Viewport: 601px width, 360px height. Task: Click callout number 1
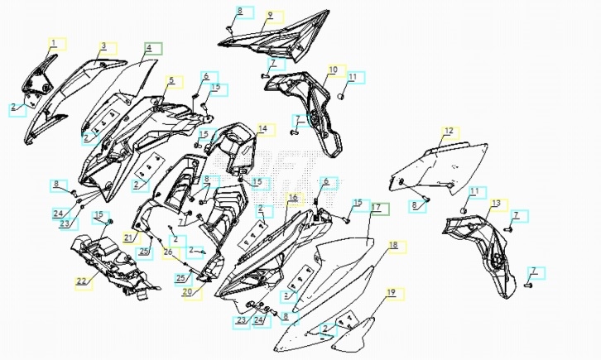tap(55, 42)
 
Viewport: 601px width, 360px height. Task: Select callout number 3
tap(103, 46)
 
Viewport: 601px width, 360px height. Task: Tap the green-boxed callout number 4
tap(149, 48)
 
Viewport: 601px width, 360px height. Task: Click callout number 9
tap(270, 15)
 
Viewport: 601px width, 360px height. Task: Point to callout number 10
tap(333, 70)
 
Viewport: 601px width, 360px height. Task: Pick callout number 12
tap(449, 131)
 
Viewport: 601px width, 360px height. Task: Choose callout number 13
tap(496, 203)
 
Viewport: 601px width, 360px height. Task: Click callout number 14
tap(262, 129)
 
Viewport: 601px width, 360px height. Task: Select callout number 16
tap(292, 197)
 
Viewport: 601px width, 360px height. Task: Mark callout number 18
tap(393, 246)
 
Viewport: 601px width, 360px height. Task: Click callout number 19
tap(392, 293)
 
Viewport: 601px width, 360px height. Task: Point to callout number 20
tap(187, 291)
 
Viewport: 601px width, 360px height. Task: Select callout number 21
tap(128, 238)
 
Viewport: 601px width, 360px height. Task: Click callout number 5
tap(171, 81)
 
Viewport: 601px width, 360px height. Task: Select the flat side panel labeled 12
tap(447, 166)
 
